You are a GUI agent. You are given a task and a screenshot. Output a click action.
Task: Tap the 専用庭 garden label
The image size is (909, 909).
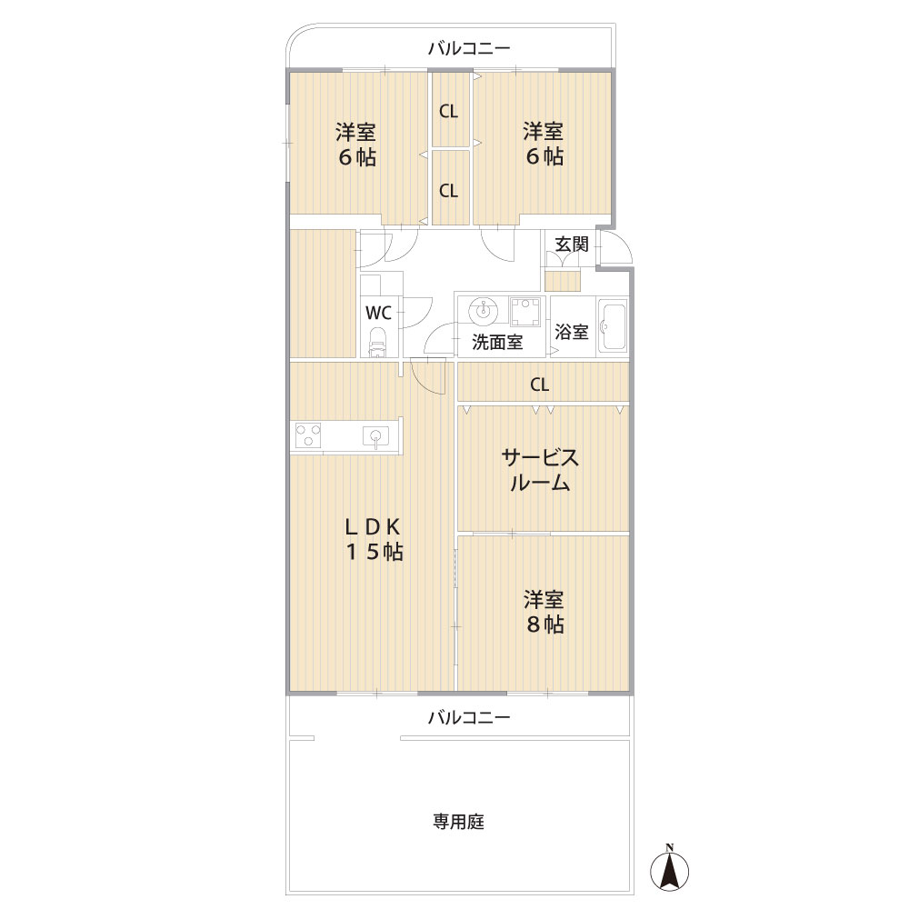point(458,822)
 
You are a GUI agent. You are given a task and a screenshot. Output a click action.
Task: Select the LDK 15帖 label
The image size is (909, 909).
point(374,539)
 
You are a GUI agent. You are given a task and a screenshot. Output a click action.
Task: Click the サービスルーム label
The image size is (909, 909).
point(540,470)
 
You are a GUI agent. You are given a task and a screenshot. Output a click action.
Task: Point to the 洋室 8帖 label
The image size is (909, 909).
point(544,612)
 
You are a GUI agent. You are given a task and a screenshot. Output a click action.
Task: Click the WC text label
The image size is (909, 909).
point(378,313)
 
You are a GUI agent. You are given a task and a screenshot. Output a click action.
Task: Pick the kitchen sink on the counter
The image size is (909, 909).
point(375,436)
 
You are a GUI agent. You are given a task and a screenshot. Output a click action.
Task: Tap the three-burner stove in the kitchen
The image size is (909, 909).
point(308,435)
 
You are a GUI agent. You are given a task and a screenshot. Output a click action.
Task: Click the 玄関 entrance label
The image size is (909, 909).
point(572,244)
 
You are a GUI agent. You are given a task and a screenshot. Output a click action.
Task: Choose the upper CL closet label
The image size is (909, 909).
point(448,111)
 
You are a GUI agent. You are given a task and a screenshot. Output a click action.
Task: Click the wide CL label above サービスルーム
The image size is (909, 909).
point(539,385)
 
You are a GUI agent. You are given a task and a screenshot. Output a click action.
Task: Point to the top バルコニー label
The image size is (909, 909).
point(469,48)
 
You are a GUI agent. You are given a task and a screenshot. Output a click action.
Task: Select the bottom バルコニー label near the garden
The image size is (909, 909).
point(469,718)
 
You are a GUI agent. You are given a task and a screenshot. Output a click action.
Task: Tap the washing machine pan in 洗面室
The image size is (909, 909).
point(524,311)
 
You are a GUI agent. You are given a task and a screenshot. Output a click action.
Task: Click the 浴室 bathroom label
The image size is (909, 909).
point(572,332)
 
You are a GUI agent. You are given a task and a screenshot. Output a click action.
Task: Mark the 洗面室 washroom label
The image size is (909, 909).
point(497,342)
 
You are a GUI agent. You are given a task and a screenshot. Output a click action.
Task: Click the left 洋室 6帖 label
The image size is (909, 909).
point(356,145)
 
